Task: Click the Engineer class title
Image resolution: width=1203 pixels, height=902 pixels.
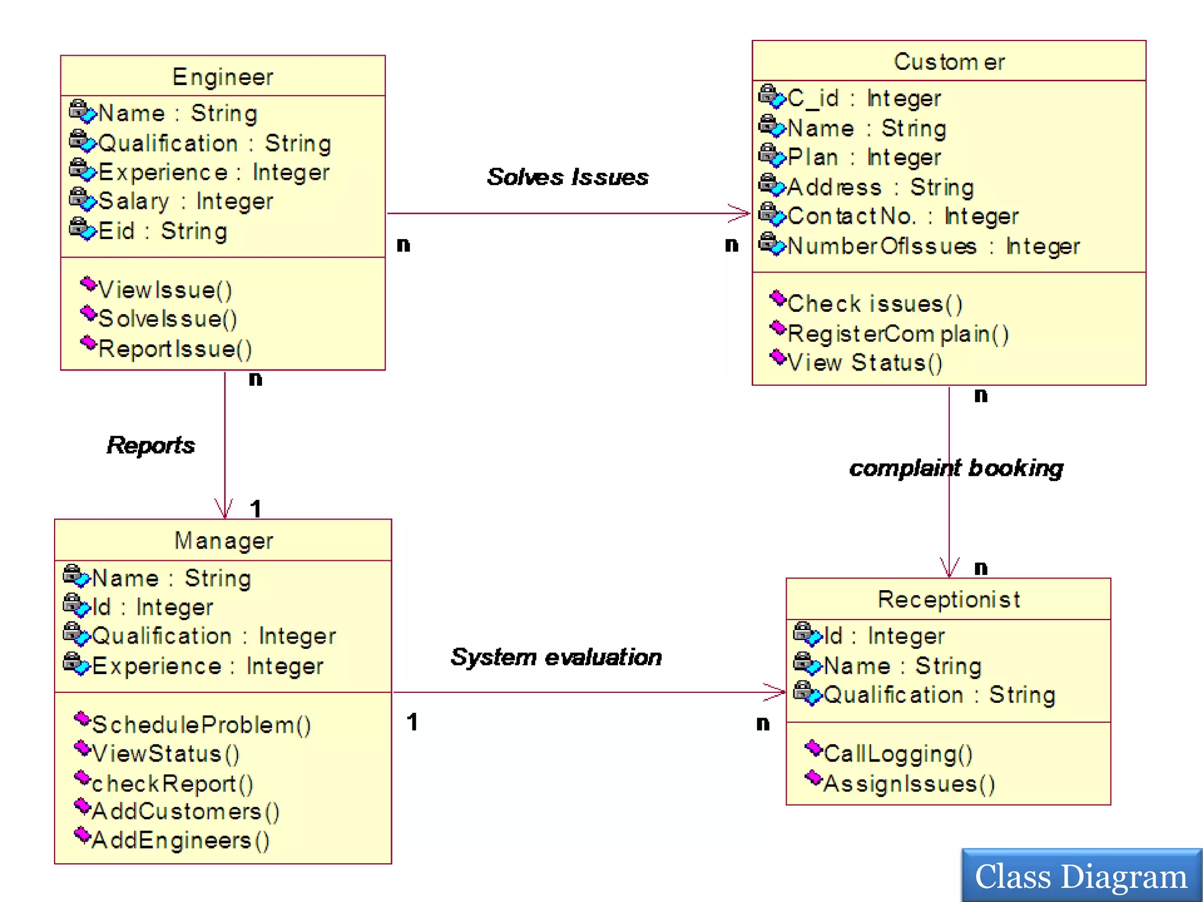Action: click(x=223, y=77)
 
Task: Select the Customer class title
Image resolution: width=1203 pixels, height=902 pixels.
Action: click(x=949, y=62)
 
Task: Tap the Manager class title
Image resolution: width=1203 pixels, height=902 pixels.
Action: click(x=223, y=540)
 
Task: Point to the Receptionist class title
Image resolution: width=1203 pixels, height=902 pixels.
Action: click(x=948, y=600)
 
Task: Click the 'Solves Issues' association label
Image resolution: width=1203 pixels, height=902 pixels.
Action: click(x=567, y=177)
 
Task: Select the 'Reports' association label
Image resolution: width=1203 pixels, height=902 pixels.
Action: click(x=150, y=445)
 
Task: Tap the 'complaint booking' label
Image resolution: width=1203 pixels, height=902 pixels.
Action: click(x=956, y=468)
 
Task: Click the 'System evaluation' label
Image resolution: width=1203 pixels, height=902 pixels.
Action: click(x=556, y=657)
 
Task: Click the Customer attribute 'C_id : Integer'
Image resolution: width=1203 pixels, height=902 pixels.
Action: click(x=863, y=98)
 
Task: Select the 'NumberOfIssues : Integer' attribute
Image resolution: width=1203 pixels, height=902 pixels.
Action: click(x=933, y=246)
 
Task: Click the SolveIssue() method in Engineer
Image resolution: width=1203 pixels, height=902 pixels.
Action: click(x=167, y=319)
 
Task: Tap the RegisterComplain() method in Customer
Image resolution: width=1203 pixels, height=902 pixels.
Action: click(x=898, y=334)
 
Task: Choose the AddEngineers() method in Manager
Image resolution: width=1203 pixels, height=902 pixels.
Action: click(x=180, y=840)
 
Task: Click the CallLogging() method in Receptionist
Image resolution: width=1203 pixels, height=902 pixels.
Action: click(x=898, y=753)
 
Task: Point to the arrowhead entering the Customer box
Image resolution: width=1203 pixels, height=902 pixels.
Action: click(x=741, y=213)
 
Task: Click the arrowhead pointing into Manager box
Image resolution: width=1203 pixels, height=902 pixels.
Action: click(x=224, y=510)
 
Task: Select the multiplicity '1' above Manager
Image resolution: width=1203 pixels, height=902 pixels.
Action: click(x=256, y=509)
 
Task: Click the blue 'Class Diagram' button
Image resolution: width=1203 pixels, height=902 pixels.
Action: click(x=1081, y=876)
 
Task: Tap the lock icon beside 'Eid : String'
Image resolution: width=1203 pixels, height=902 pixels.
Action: click(x=82, y=228)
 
